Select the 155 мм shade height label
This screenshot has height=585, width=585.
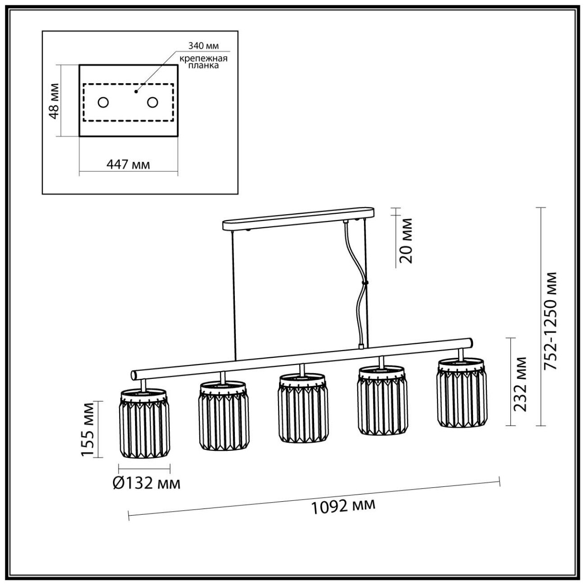point(88,430)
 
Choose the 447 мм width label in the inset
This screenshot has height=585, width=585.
point(128,165)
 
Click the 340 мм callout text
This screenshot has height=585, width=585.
point(200,46)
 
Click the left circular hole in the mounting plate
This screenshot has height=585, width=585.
point(103,103)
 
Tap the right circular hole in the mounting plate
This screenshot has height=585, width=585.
point(153,103)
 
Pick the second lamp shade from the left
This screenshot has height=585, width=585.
point(223,416)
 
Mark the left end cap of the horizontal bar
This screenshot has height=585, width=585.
point(134,374)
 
